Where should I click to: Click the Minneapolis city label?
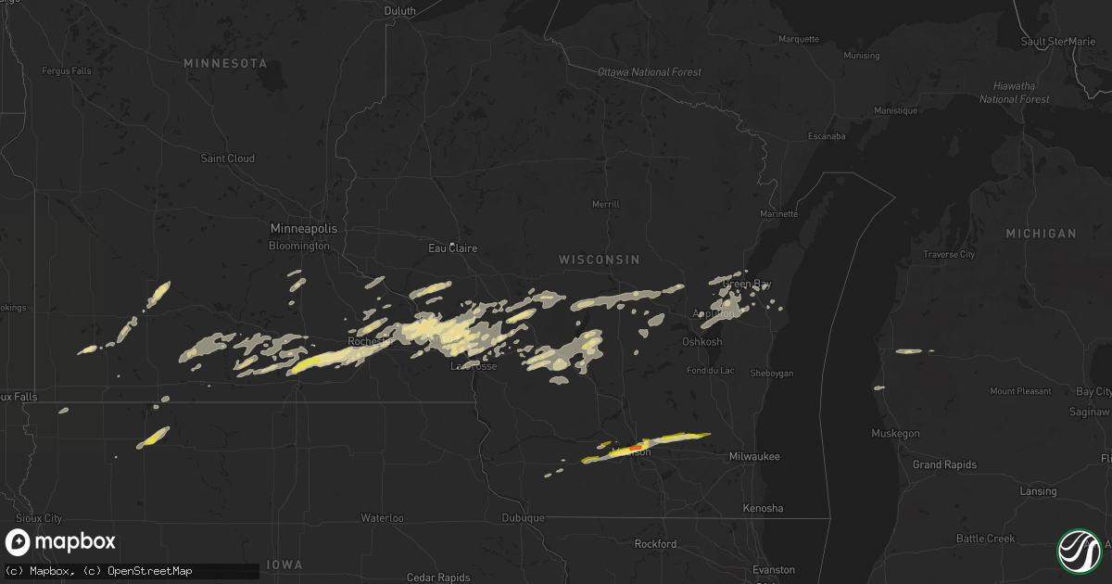tap(304, 228)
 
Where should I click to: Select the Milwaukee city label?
tap(754, 457)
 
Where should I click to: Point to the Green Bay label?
tap(746, 285)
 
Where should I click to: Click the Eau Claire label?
tap(452, 248)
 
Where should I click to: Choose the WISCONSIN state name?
tap(599, 260)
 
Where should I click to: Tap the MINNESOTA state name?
tap(225, 63)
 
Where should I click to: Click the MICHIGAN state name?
tap(1042, 234)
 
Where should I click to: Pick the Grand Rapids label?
tap(944, 464)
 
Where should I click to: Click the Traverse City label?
tap(949, 254)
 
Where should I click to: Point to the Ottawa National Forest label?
tap(650, 72)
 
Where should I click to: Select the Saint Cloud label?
tap(228, 159)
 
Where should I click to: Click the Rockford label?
tap(655, 544)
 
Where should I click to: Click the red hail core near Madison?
tap(635, 447)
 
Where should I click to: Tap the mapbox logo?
tap(61, 542)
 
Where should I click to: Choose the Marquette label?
tap(799, 39)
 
